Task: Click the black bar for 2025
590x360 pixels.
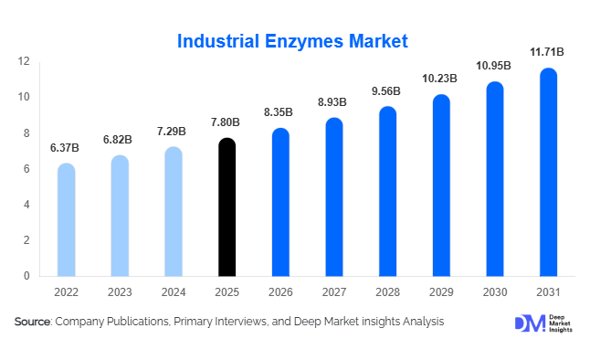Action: click(227, 207)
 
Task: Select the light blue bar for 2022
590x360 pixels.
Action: click(66, 220)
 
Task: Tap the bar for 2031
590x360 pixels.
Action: click(548, 173)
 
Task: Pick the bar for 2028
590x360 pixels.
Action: click(387, 192)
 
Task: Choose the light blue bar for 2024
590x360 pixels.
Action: click(173, 212)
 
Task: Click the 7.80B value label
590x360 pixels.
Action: click(226, 122)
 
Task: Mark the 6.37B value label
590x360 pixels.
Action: click(65, 148)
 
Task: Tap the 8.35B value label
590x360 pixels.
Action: click(279, 112)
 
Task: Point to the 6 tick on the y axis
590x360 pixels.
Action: click(27, 169)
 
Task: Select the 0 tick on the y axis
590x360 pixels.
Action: click(27, 276)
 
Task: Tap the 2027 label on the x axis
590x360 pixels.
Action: click(333, 291)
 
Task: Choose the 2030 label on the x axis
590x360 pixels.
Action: click(494, 291)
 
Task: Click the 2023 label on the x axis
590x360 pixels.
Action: click(120, 291)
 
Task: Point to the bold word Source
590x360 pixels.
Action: click(33, 323)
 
